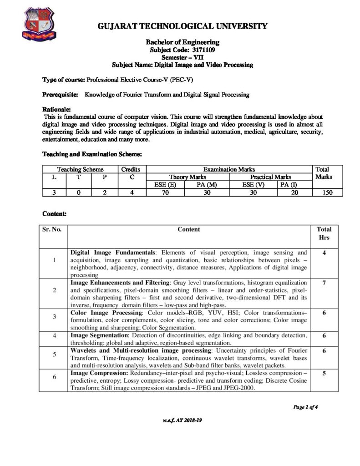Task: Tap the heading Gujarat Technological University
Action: coord(183,26)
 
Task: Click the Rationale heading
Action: coord(56,110)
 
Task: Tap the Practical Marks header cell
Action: coord(271,177)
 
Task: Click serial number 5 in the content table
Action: coord(54,354)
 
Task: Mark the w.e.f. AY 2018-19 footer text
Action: coord(182,420)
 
